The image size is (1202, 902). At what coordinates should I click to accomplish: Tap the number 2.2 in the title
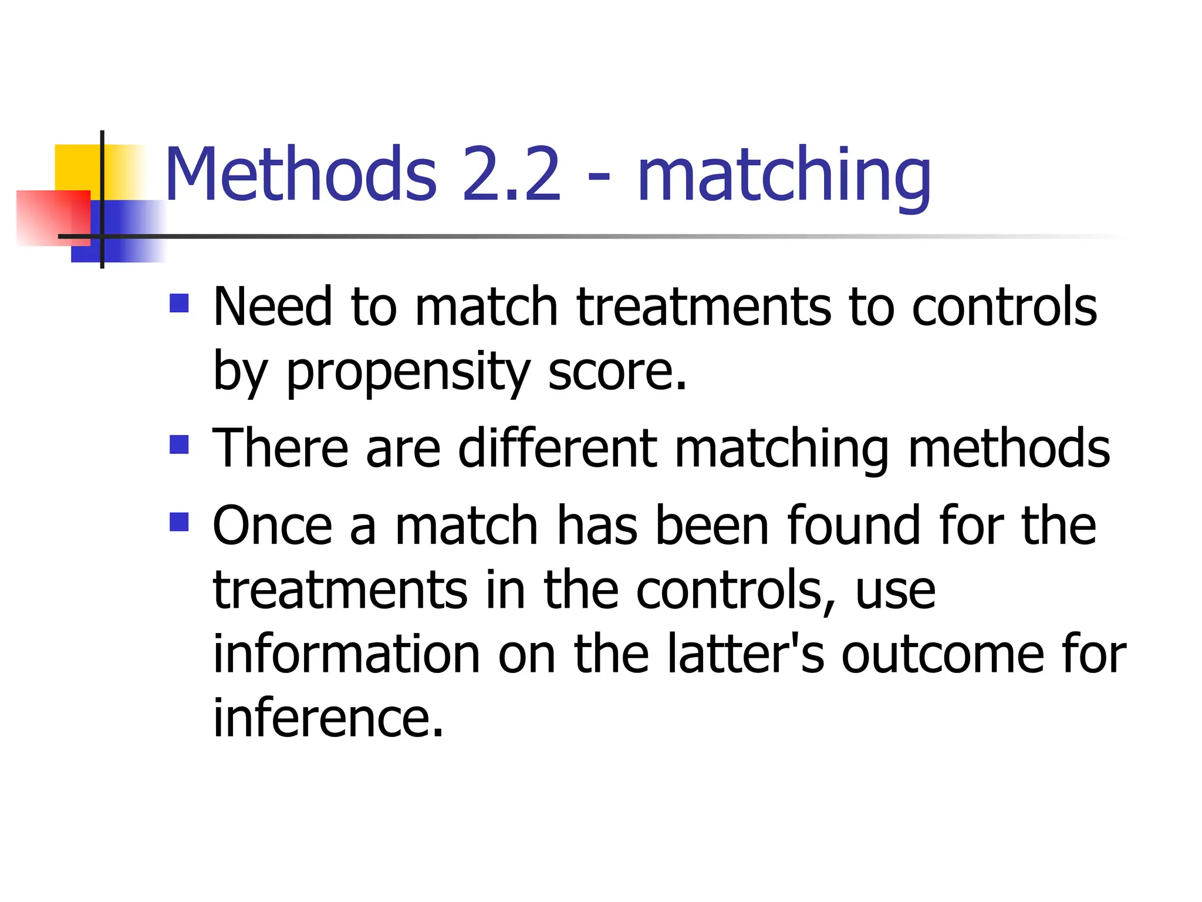click(512, 174)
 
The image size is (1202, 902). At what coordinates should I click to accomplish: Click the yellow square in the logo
click(76, 167)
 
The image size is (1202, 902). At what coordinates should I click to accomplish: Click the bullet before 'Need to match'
click(179, 303)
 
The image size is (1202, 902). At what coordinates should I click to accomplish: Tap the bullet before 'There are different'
click(179, 445)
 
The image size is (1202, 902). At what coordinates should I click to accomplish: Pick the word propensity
click(408, 373)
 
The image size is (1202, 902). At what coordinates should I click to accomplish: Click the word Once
click(272, 525)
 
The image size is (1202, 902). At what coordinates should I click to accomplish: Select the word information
click(346, 654)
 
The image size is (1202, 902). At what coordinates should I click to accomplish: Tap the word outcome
click(943, 654)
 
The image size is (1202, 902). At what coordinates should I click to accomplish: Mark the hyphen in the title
click(598, 176)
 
